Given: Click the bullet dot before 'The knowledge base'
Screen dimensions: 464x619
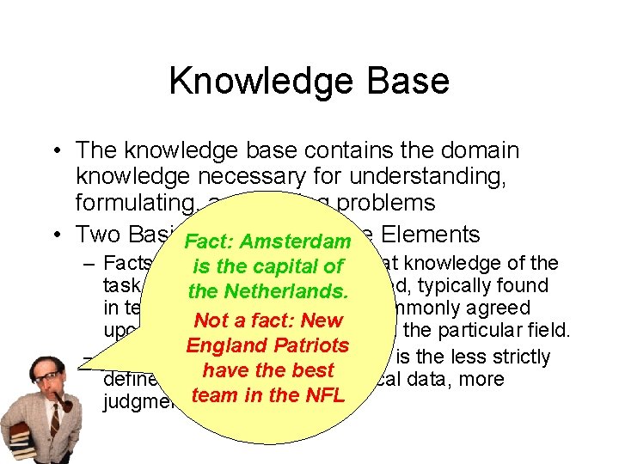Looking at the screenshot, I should point(55,151).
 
